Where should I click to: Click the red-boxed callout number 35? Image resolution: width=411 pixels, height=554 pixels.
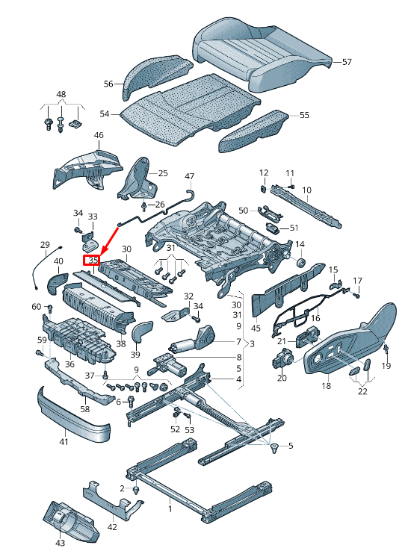[x=91, y=261]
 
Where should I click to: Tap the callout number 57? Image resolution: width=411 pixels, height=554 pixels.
[x=346, y=62]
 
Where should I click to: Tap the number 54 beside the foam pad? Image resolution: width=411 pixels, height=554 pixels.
[x=105, y=114]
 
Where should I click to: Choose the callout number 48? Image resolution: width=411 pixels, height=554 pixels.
[x=61, y=95]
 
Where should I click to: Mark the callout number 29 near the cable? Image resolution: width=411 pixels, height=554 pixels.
[x=44, y=245]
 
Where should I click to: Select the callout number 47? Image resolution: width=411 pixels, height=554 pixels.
[x=189, y=177]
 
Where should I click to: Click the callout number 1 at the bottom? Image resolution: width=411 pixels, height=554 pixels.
[x=170, y=509]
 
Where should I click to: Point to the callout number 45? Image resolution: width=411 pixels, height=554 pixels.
[x=256, y=327]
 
